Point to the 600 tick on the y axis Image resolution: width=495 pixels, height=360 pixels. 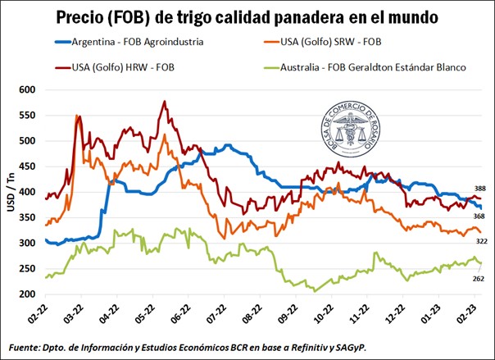27,89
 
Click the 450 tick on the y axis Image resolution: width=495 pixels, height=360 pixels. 27,166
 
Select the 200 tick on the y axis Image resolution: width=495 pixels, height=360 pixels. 27,294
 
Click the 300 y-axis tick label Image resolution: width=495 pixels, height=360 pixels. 27,244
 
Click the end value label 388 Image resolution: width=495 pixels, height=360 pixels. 479,189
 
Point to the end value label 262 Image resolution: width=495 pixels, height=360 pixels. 479,279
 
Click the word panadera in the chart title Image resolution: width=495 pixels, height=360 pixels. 310,16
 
